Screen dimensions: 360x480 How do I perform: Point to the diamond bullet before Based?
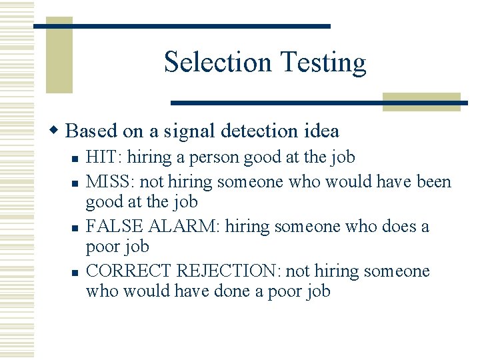tap(58, 130)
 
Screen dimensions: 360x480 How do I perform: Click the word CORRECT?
tap(129, 271)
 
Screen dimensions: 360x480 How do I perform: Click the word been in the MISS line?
tap(434, 181)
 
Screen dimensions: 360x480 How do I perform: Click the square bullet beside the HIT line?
tap(76, 159)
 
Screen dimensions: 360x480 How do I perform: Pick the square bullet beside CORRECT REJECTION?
tap(76, 273)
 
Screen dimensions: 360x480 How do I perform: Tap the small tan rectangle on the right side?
tap(421, 101)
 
